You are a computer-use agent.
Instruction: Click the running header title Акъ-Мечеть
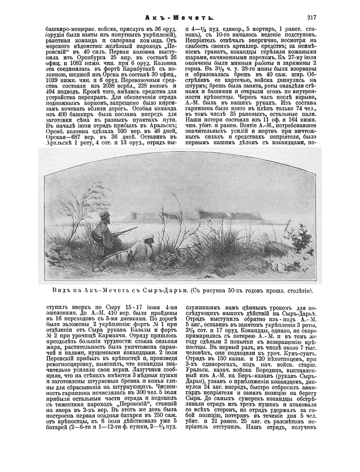(x=179, y=17)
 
